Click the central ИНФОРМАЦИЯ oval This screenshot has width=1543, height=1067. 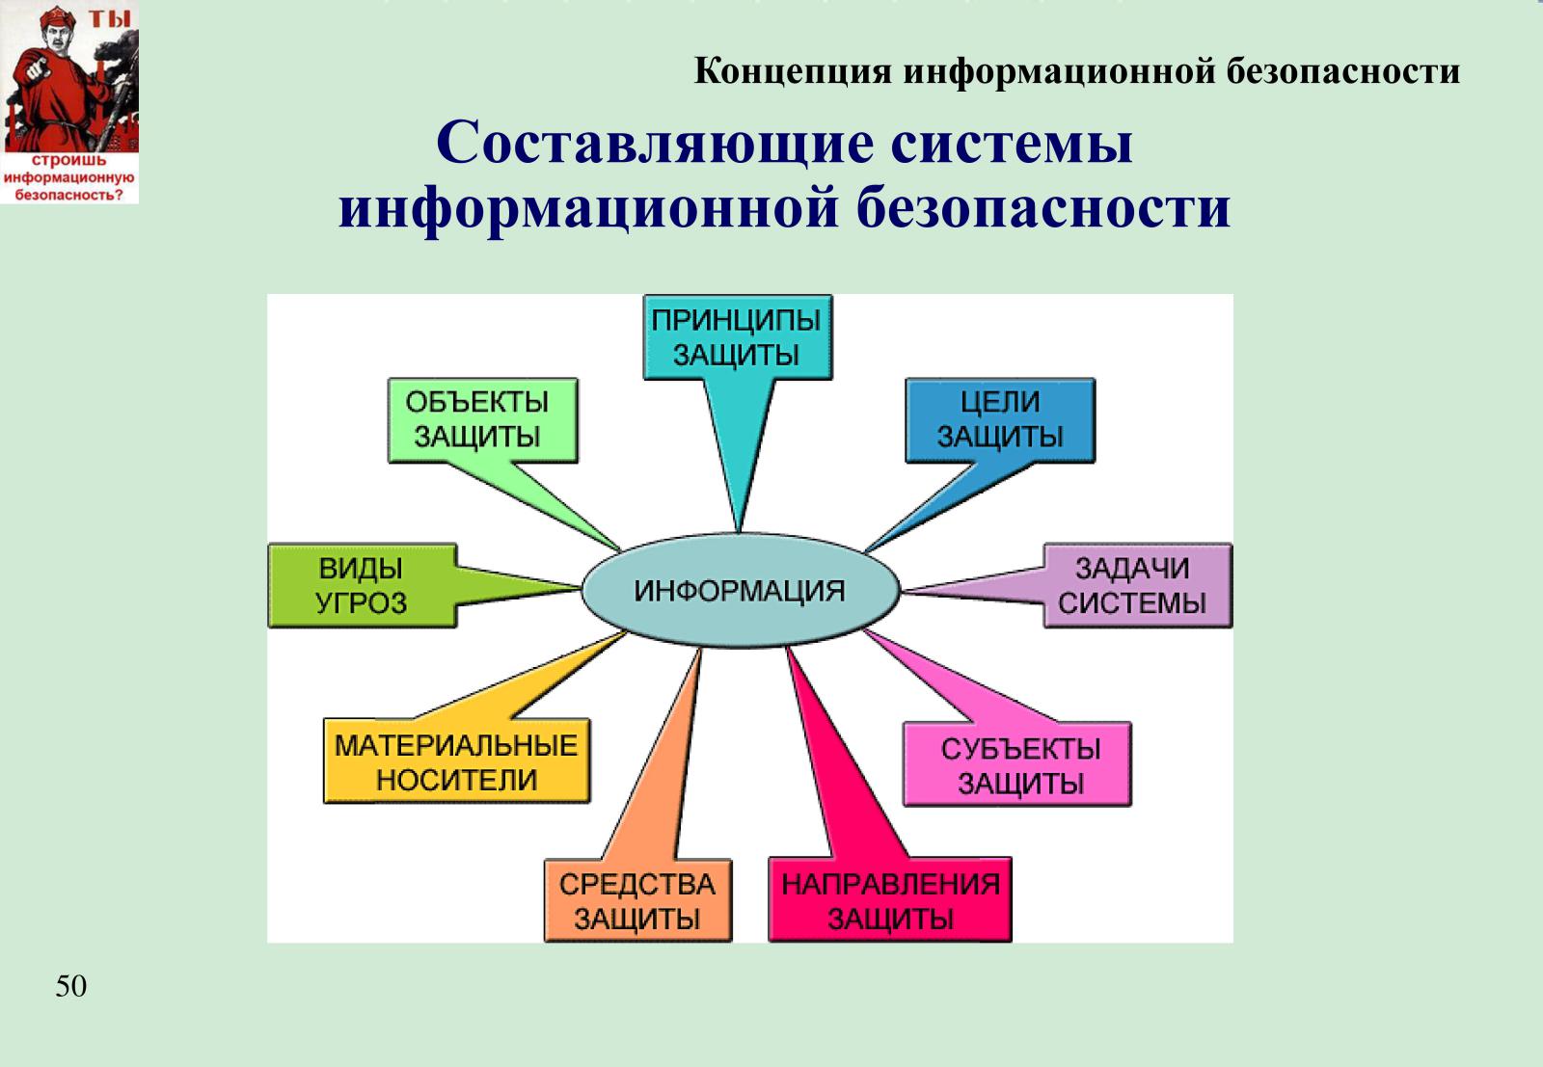741,591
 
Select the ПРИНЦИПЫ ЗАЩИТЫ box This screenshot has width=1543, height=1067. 738,337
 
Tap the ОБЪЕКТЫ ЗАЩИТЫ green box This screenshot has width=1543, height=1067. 483,420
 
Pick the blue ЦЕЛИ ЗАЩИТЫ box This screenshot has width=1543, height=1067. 1000,420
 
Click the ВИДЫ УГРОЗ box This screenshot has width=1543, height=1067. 363,586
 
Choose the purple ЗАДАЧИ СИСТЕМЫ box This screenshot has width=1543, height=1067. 1138,586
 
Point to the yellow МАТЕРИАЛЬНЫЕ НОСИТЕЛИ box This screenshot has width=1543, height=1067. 457,761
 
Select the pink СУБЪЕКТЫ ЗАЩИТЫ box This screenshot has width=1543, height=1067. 1017,764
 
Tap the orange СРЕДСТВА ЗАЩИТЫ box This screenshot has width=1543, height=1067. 637,900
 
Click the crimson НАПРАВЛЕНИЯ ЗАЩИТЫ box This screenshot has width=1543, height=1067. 890,899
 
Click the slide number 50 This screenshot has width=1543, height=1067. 71,986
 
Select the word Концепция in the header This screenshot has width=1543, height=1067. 793,71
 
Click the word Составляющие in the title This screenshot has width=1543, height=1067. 654,144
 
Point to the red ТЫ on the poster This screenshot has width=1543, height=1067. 110,18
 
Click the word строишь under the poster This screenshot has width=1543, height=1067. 68,161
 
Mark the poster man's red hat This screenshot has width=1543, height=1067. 58,15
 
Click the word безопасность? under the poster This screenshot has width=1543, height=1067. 68,195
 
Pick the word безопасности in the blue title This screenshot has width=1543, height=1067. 1043,207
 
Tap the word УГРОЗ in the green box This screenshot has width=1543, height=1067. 362,603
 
